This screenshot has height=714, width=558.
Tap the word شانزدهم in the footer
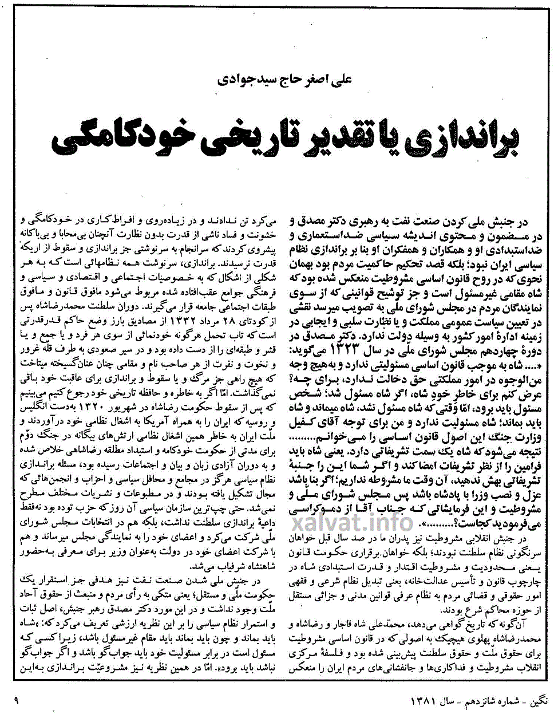click(x=486, y=700)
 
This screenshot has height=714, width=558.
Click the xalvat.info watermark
click(x=352, y=521)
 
